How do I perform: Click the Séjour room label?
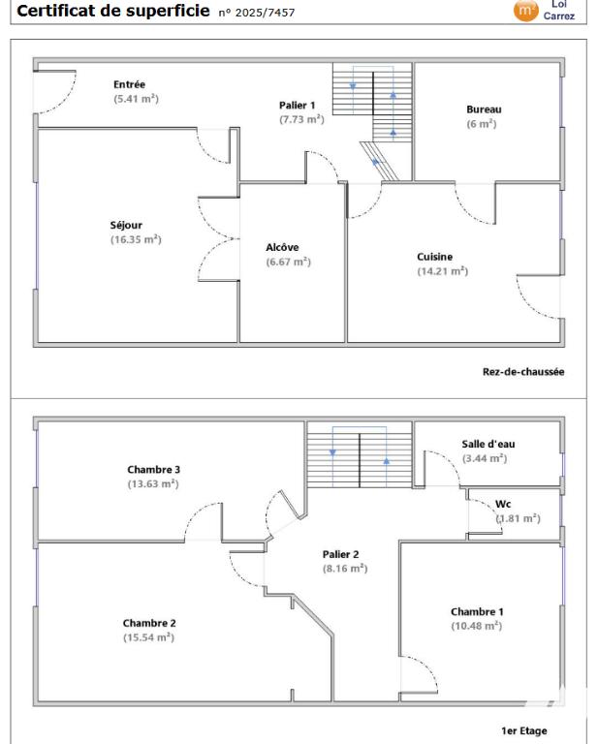pyautogui.click(x=126, y=225)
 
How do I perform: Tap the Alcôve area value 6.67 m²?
pyautogui.click(x=288, y=262)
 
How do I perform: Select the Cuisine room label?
pyautogui.click(x=435, y=257)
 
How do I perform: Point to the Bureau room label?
pyautogui.click(x=484, y=109)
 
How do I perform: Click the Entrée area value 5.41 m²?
pyautogui.click(x=136, y=99)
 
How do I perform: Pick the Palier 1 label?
pyautogui.click(x=297, y=105)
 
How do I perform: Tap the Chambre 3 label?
pyautogui.click(x=153, y=469)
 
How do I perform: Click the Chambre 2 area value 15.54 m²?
pyautogui.click(x=148, y=637)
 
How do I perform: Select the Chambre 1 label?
pyautogui.click(x=477, y=611)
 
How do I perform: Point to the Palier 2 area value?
pyautogui.click(x=345, y=569)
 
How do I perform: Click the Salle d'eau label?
pyautogui.click(x=488, y=444)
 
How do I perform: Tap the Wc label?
pyautogui.click(x=503, y=504)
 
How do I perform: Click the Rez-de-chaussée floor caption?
pyautogui.click(x=523, y=372)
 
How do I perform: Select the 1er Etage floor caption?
pyautogui.click(x=524, y=730)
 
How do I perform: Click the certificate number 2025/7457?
pyautogui.click(x=265, y=13)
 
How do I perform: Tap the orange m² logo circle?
pyautogui.click(x=526, y=10)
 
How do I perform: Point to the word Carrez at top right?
pyautogui.click(x=559, y=15)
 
